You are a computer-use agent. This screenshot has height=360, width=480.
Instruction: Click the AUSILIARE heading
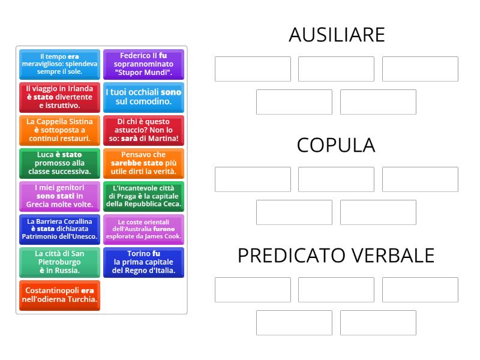coord(336,35)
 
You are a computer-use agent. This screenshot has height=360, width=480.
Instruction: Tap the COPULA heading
coord(336,145)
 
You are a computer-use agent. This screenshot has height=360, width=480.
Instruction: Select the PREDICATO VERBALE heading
coord(336,256)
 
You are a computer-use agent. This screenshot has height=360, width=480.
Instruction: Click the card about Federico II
coord(143,64)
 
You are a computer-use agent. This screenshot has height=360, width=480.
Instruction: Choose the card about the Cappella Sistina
coord(59,130)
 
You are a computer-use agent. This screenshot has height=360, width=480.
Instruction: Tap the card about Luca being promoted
coord(59,163)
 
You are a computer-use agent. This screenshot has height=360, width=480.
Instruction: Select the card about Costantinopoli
coord(59,295)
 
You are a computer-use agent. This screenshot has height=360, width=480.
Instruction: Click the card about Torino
coord(143,262)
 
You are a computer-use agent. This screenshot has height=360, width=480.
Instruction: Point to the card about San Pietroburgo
coord(59,262)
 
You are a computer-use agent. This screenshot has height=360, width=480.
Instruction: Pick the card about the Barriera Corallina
coord(59,229)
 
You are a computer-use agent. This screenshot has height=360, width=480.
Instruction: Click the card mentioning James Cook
coord(143,229)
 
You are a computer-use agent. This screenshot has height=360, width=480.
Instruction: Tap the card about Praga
coord(143,196)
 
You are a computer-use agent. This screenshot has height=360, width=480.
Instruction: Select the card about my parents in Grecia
coord(59,196)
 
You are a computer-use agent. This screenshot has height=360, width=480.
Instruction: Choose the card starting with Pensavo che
coord(143,163)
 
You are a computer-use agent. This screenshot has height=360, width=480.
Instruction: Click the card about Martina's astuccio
coord(143,130)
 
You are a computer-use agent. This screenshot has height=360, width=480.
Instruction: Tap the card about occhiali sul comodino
coord(143,97)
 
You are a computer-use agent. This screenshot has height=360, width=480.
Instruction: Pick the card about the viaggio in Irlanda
coord(59,97)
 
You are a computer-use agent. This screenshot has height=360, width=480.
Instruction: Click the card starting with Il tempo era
coord(59,64)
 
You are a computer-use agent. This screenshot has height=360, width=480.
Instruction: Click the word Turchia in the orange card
coord(82,299)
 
